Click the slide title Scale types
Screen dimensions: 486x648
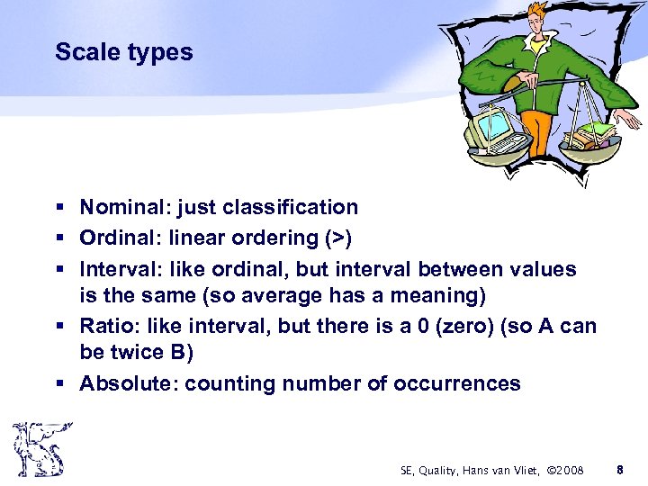point(123,52)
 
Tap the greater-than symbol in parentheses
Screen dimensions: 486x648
point(341,238)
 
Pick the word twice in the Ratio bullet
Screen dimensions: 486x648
point(134,354)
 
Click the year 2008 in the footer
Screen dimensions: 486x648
point(568,470)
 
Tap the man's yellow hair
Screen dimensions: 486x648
point(537,16)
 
